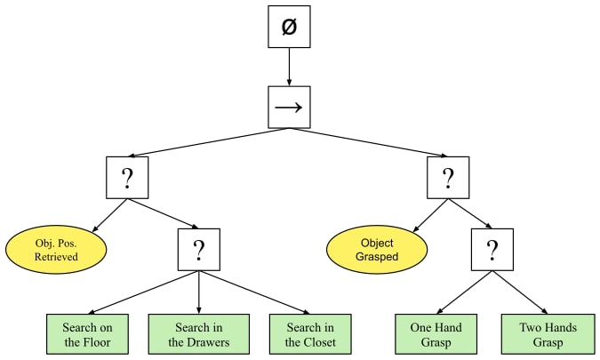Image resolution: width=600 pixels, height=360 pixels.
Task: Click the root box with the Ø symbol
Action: pyautogui.click(x=289, y=27)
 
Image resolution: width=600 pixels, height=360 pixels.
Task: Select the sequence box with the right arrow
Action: pyautogui.click(x=289, y=108)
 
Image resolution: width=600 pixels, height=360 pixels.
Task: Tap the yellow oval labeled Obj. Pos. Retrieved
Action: pyautogui.click(x=56, y=250)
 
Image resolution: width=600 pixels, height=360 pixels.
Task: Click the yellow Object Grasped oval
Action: pyautogui.click(x=377, y=250)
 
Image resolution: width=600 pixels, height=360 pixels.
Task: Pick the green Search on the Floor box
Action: pyautogui.click(x=88, y=334)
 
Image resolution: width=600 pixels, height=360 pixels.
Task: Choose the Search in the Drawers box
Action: pyautogui.click(x=199, y=334)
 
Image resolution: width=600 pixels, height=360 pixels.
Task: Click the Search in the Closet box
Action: pyautogui.click(x=310, y=334)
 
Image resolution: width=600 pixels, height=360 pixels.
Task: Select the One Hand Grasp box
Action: pyautogui.click(x=436, y=334)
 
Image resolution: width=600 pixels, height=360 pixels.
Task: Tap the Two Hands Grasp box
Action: pyautogui.click(x=548, y=334)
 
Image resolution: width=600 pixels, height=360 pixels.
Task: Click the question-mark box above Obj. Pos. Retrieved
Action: pyautogui.click(x=127, y=178)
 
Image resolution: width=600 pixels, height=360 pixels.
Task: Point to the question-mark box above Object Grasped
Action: pyautogui.click(x=448, y=178)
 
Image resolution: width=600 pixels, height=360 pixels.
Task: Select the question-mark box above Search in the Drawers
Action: pyautogui.click(x=199, y=250)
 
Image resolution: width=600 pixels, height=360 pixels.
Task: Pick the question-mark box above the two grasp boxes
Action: pyautogui.click(x=492, y=250)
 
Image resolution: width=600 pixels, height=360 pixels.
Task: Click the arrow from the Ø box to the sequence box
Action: pyautogui.click(x=289, y=67)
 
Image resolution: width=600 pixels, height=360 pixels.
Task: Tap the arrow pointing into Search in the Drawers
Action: pyautogui.click(x=198, y=292)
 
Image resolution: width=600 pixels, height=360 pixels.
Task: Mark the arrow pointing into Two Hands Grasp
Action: pyautogui.click(x=520, y=292)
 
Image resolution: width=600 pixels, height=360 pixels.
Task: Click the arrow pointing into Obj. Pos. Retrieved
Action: pyautogui.click(x=109, y=215)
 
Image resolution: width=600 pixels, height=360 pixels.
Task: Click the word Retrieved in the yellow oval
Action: pyautogui.click(x=56, y=257)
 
